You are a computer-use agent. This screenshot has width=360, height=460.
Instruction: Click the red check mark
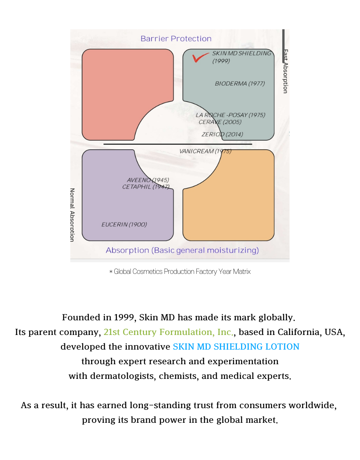click(x=200, y=58)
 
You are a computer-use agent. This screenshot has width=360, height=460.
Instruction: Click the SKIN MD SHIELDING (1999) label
click(x=241, y=57)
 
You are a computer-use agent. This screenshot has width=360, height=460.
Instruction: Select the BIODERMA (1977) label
click(x=240, y=84)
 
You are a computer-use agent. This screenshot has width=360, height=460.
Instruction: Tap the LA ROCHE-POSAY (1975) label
click(x=230, y=115)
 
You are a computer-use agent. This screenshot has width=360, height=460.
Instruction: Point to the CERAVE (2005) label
click(x=220, y=122)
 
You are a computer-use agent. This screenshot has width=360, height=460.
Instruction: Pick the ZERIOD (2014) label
click(x=222, y=134)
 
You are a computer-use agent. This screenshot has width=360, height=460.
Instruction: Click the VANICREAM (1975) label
click(x=205, y=151)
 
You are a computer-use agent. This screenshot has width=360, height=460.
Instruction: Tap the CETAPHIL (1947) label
click(x=145, y=187)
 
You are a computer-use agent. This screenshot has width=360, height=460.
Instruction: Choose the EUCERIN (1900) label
click(x=124, y=225)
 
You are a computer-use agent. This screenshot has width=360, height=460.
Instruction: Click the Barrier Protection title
click(x=176, y=39)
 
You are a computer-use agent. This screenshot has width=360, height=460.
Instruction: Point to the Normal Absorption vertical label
click(x=72, y=215)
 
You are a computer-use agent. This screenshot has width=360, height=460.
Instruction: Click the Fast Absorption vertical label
click(x=285, y=71)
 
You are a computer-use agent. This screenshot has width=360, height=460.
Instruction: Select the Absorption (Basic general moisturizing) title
click(x=182, y=250)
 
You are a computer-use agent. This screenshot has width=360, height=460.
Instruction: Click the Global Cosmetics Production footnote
click(x=180, y=272)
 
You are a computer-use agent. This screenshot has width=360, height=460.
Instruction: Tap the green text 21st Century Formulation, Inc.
click(x=168, y=332)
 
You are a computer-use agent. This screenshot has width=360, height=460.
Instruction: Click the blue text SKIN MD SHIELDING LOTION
click(x=236, y=347)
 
